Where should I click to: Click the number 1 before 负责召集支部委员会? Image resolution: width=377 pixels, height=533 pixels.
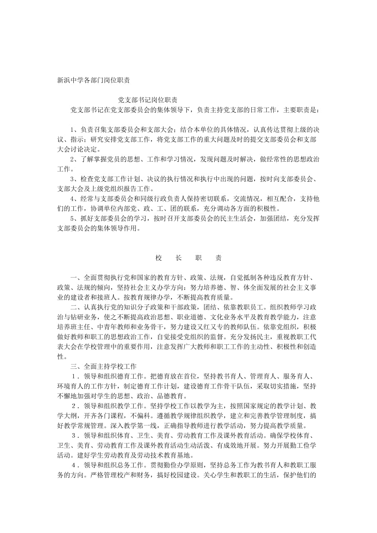[x=73, y=130]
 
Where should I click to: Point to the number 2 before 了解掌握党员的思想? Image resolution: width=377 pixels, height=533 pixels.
[x=73, y=159]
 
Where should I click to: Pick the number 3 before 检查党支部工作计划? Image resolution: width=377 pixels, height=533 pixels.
[x=73, y=179]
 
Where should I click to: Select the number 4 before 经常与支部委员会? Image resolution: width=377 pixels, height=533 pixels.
[x=73, y=199]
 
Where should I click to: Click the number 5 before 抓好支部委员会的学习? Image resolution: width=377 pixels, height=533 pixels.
[x=73, y=218]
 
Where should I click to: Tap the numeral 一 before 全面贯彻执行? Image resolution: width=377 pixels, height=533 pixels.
[x=73, y=277]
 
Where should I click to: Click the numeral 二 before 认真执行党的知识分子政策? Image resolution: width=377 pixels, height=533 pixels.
[x=73, y=307]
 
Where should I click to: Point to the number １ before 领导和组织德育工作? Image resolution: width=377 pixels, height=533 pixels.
[x=74, y=376]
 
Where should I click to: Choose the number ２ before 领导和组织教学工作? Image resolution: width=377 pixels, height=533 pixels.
[x=75, y=405]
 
